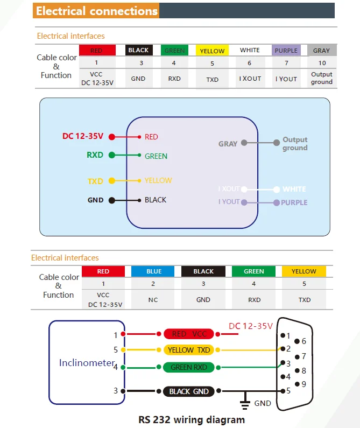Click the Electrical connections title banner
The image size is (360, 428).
97,11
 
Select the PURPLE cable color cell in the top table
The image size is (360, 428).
286,51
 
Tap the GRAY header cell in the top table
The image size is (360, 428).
321,51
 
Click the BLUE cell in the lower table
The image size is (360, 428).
154,271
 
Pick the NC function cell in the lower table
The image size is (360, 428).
153,300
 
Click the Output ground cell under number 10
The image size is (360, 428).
321,78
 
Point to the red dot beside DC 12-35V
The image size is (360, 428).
112,137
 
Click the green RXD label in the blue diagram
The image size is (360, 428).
95,155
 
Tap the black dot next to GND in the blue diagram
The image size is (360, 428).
111,200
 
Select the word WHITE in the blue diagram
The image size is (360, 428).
294,190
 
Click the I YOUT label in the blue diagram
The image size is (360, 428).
229,202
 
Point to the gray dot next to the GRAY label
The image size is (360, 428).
244,143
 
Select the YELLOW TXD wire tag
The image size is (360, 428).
189,350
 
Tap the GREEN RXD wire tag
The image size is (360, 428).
189,367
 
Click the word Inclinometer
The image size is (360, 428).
87,363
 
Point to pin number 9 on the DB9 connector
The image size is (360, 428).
305,384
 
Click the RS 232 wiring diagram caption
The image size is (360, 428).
191,419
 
